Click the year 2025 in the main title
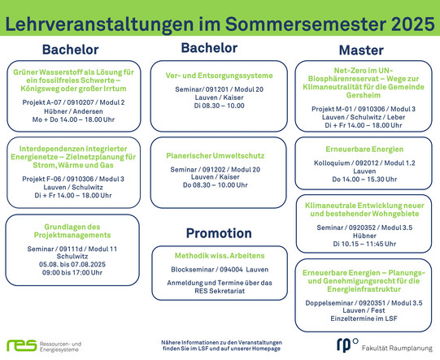(412, 24)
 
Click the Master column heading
(361, 50)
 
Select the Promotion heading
(219, 233)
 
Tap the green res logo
(22, 345)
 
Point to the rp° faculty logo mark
(347, 345)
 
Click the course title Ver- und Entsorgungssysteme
(219, 76)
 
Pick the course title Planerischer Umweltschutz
(216, 156)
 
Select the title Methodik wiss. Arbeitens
(220, 256)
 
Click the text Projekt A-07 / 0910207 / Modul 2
(73, 102)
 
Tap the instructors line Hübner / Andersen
(73, 111)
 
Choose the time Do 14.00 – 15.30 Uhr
(364, 180)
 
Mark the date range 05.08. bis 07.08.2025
(72, 264)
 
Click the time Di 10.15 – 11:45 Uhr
(364, 244)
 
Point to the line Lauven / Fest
(364, 310)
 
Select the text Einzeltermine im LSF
(364, 319)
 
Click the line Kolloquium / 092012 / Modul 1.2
(364, 163)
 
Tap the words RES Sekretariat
(220, 291)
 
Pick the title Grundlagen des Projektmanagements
(72, 231)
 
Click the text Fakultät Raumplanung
(397, 349)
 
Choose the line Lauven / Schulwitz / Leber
(364, 117)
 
